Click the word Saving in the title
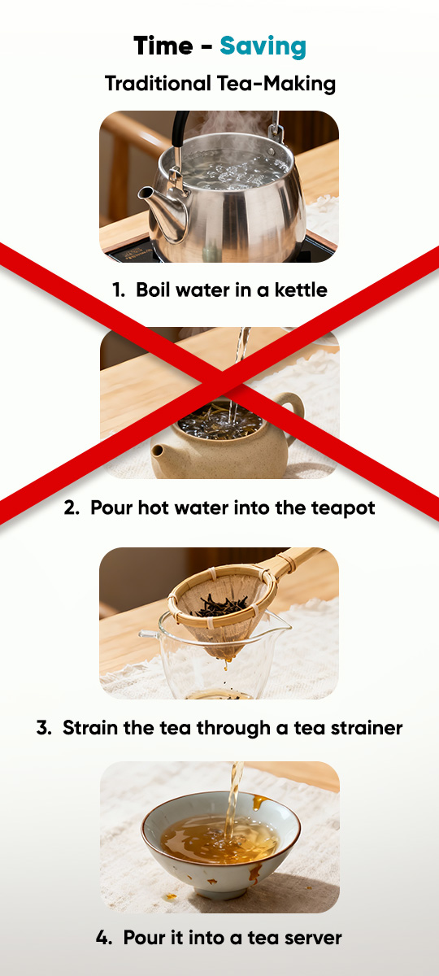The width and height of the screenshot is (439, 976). click(263, 47)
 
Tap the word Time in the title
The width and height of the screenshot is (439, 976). click(163, 46)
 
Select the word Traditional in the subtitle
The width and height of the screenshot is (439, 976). click(158, 83)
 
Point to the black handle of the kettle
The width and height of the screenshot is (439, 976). click(179, 130)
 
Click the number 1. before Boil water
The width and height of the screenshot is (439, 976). click(119, 290)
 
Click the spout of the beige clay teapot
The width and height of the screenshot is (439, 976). click(159, 453)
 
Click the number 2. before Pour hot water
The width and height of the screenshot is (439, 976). click(72, 508)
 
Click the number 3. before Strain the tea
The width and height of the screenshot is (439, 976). click(44, 728)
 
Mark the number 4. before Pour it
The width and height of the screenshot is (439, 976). click(104, 938)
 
